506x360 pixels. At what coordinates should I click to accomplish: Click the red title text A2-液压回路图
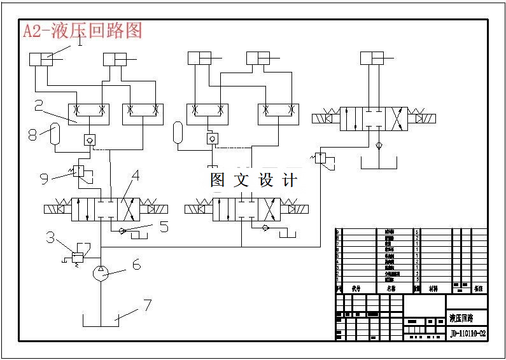coord(82,31)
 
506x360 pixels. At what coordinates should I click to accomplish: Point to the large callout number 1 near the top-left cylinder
coord(80,43)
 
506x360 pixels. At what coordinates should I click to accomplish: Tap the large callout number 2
coord(39,106)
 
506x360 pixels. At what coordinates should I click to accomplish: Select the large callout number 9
coord(44,179)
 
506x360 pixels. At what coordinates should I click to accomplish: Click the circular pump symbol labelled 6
coord(101,273)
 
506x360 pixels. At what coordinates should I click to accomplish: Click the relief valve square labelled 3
coord(78,256)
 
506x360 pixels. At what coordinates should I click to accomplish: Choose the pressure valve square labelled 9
coord(79,170)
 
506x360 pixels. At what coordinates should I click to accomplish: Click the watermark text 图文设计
coord(254,181)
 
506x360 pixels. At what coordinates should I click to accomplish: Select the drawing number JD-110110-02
coord(468,333)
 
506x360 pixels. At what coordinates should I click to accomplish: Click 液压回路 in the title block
coord(460,318)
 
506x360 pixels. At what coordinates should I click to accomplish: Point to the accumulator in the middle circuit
coord(178,132)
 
